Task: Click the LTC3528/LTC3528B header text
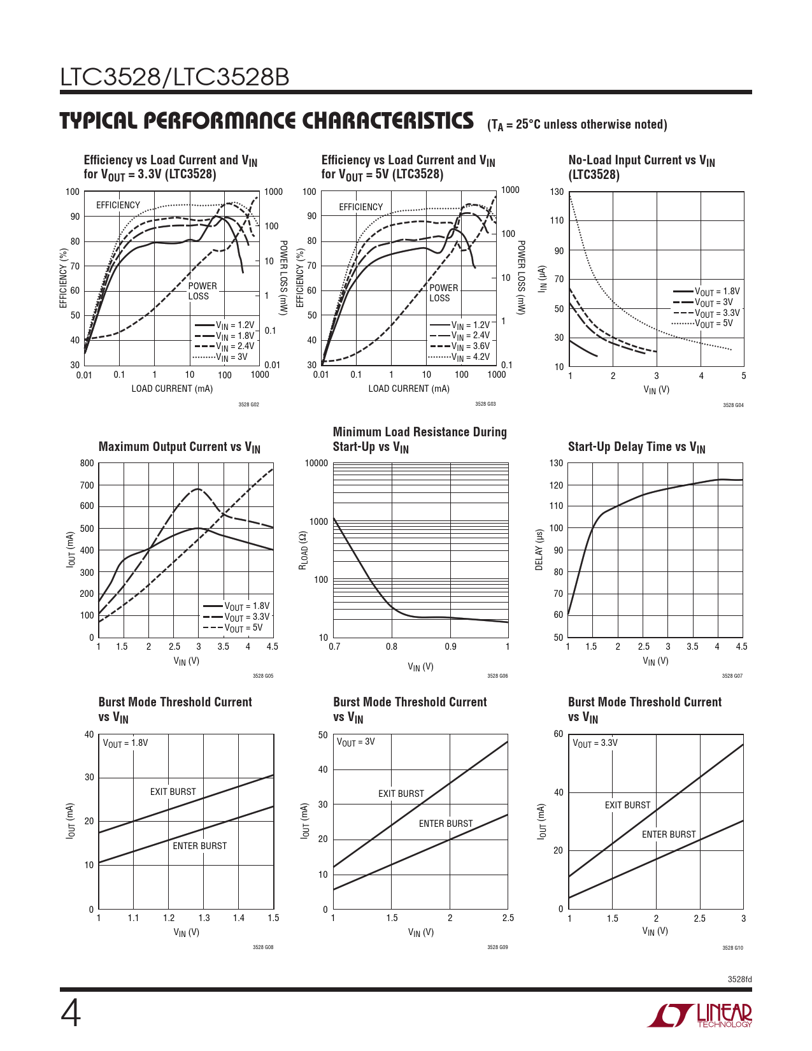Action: click(x=175, y=77)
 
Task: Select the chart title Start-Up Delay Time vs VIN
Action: click(x=636, y=447)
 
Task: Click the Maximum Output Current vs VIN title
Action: click(x=180, y=447)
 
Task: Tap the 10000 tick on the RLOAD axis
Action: click(x=317, y=463)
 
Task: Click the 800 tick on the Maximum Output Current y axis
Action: click(x=87, y=463)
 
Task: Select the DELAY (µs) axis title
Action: click(x=539, y=550)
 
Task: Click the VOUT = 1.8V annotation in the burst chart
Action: click(x=125, y=743)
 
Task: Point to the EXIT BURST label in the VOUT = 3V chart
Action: click(x=401, y=794)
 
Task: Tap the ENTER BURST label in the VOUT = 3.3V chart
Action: click(x=669, y=834)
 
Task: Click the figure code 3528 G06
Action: click(x=497, y=676)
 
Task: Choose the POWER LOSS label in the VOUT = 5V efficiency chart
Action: click(x=443, y=293)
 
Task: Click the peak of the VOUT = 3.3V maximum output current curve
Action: click(x=197, y=489)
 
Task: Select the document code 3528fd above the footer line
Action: click(x=740, y=980)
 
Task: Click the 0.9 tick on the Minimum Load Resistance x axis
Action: click(x=450, y=647)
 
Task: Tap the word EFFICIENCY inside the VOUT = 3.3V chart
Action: click(x=118, y=205)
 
